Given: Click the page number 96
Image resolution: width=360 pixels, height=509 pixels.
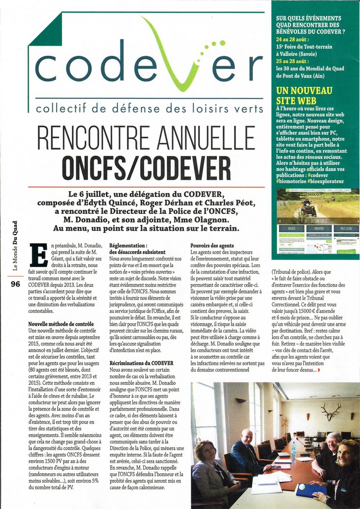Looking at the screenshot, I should coord(15,285).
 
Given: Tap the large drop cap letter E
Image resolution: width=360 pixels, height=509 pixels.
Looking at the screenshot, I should coord(38,254).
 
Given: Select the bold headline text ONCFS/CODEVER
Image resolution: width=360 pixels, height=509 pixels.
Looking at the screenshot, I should coord(146,167).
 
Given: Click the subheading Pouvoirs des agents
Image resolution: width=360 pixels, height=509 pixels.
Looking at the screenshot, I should coord(212,246).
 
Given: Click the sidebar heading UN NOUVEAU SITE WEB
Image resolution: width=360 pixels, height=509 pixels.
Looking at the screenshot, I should coord(304,95).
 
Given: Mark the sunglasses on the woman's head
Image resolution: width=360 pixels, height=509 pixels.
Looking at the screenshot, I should coord(348,442).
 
